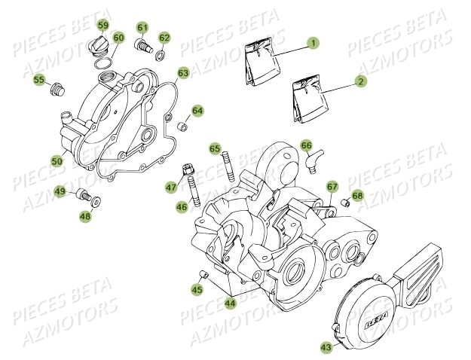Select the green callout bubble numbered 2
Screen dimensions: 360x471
[x=361, y=81]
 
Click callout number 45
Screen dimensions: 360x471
[x=197, y=289]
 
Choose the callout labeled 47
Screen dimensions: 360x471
[x=171, y=186]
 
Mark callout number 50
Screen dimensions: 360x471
[x=57, y=160]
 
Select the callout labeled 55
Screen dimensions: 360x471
[x=38, y=80]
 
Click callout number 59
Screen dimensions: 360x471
[x=103, y=28]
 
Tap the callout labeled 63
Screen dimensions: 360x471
[x=183, y=73]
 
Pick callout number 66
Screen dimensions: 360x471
[x=306, y=145]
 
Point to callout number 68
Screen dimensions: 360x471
[x=357, y=196]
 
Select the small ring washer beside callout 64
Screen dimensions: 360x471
[x=181, y=123]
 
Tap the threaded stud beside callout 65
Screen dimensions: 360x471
[x=228, y=165]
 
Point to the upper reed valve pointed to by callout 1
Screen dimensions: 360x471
[x=261, y=59]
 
